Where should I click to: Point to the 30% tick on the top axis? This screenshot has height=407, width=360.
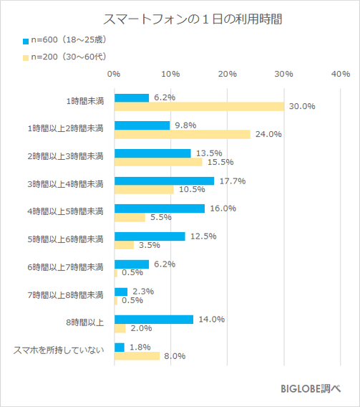(284, 74)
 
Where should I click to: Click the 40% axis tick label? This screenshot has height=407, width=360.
(340, 74)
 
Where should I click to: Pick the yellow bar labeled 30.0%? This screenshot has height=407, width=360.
(199, 107)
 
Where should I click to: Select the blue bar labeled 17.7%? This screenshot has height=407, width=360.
(164, 181)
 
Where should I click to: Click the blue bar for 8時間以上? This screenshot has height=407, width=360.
(153, 320)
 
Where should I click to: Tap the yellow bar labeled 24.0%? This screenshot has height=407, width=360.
(182, 134)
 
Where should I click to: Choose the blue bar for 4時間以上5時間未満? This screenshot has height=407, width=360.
(159, 209)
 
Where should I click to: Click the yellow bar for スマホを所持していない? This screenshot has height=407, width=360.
(137, 356)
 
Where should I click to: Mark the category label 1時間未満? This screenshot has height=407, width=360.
(84, 101)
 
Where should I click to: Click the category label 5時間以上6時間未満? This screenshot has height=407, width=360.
(69, 240)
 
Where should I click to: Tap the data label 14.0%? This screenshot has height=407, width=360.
(210, 320)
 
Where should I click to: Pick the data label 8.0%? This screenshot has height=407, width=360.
(175, 356)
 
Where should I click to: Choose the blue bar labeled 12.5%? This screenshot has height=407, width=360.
(149, 236)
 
